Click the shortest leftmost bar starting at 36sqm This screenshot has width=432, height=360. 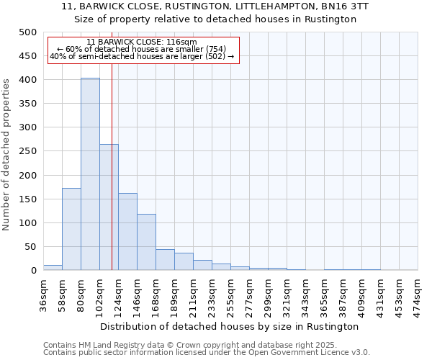click(53, 267)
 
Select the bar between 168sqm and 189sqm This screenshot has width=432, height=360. click(165, 259)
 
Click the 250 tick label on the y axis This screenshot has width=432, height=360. click(27, 151)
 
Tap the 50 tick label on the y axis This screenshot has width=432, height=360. click(30, 247)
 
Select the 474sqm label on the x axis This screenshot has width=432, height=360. click(418, 296)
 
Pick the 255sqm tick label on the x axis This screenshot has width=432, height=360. click(231, 296)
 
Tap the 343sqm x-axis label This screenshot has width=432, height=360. click(306, 296)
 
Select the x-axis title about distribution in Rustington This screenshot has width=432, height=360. click(229, 326)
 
